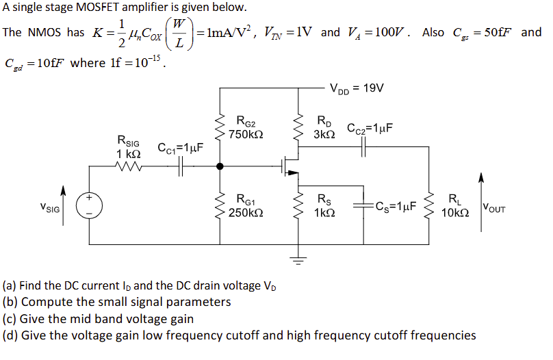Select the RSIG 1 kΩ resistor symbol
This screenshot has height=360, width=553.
(129, 166)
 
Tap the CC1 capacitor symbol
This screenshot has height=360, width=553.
(182, 166)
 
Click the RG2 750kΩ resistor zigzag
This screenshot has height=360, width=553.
(220, 126)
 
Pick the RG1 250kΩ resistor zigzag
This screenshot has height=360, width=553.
(220, 205)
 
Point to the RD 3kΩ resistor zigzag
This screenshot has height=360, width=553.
(298, 126)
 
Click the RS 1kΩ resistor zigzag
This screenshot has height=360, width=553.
(298, 205)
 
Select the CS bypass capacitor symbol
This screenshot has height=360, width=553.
(362, 205)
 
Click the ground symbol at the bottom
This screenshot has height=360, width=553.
(298, 258)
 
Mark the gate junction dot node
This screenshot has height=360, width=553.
(220, 166)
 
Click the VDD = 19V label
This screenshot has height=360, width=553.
(357, 88)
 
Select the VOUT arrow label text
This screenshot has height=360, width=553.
(494, 207)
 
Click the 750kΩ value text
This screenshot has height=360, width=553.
(242, 135)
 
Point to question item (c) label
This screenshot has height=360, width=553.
(10, 318)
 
